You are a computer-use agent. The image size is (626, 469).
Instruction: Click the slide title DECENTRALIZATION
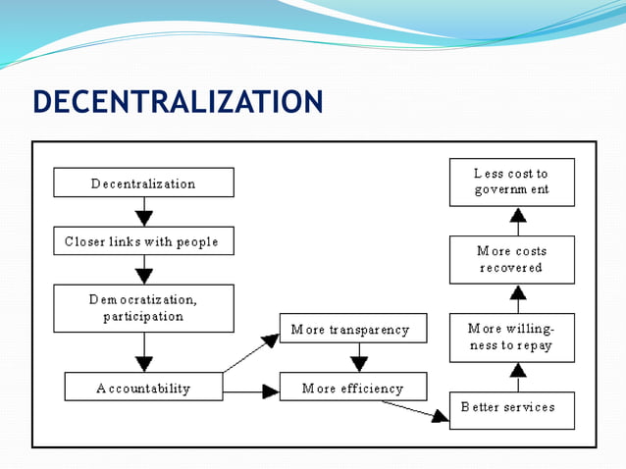pos(178,102)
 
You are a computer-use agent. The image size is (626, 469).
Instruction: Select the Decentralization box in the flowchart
pos(143,182)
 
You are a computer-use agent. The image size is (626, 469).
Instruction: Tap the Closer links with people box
pos(143,241)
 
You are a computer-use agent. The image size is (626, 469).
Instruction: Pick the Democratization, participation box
pos(143,308)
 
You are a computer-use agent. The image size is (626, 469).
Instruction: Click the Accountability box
pos(143,388)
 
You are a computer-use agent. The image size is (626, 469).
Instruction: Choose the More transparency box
pos(352,329)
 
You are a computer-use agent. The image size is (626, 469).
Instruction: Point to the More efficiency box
pos(352,388)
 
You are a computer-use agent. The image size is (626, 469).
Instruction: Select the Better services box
pos(512,408)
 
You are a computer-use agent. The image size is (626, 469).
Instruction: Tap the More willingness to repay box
pos(512,337)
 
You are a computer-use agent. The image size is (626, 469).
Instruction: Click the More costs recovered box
pos(512,259)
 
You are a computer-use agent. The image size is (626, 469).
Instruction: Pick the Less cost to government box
pos(512,182)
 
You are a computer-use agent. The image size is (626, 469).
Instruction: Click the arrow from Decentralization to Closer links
pos(144,212)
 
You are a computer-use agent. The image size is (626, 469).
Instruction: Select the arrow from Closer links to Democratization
pos(144,270)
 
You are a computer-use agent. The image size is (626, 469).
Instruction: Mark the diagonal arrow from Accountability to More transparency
pos(251,353)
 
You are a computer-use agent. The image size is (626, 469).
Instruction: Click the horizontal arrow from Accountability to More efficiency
pos(250,391)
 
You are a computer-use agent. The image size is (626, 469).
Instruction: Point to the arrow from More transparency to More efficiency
pos(352,357)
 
